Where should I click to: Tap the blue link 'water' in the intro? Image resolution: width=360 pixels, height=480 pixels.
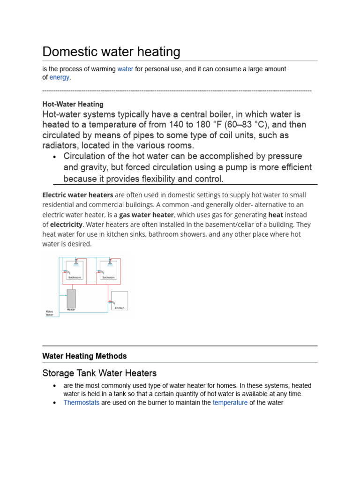coord(125,69)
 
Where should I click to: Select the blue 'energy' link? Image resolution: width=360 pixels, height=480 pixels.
coord(60,77)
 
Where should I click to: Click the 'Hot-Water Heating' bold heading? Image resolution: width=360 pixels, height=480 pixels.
coord(73,104)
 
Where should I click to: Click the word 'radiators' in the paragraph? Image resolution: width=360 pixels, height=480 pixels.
coord(60,145)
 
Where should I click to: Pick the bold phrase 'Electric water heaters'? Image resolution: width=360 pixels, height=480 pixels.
coord(78,195)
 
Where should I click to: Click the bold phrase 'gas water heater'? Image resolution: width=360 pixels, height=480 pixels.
coord(146,214)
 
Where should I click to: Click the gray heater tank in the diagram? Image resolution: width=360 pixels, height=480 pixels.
coord(71,298)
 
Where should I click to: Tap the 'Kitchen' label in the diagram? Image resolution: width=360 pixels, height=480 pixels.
coord(120,308)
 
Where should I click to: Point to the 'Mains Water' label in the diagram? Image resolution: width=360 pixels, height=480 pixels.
coord(49,313)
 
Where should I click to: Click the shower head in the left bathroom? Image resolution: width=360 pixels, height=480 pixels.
coord(75,264)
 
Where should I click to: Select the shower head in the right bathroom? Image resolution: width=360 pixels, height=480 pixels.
coord(110,264)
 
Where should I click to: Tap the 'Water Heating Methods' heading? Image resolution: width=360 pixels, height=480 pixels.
coord(84,356)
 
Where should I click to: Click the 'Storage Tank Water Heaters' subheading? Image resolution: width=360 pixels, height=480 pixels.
coord(99,373)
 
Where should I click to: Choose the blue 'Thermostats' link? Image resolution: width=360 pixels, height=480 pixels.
coord(81,402)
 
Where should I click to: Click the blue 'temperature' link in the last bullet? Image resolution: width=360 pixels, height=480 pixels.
coord(230,402)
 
